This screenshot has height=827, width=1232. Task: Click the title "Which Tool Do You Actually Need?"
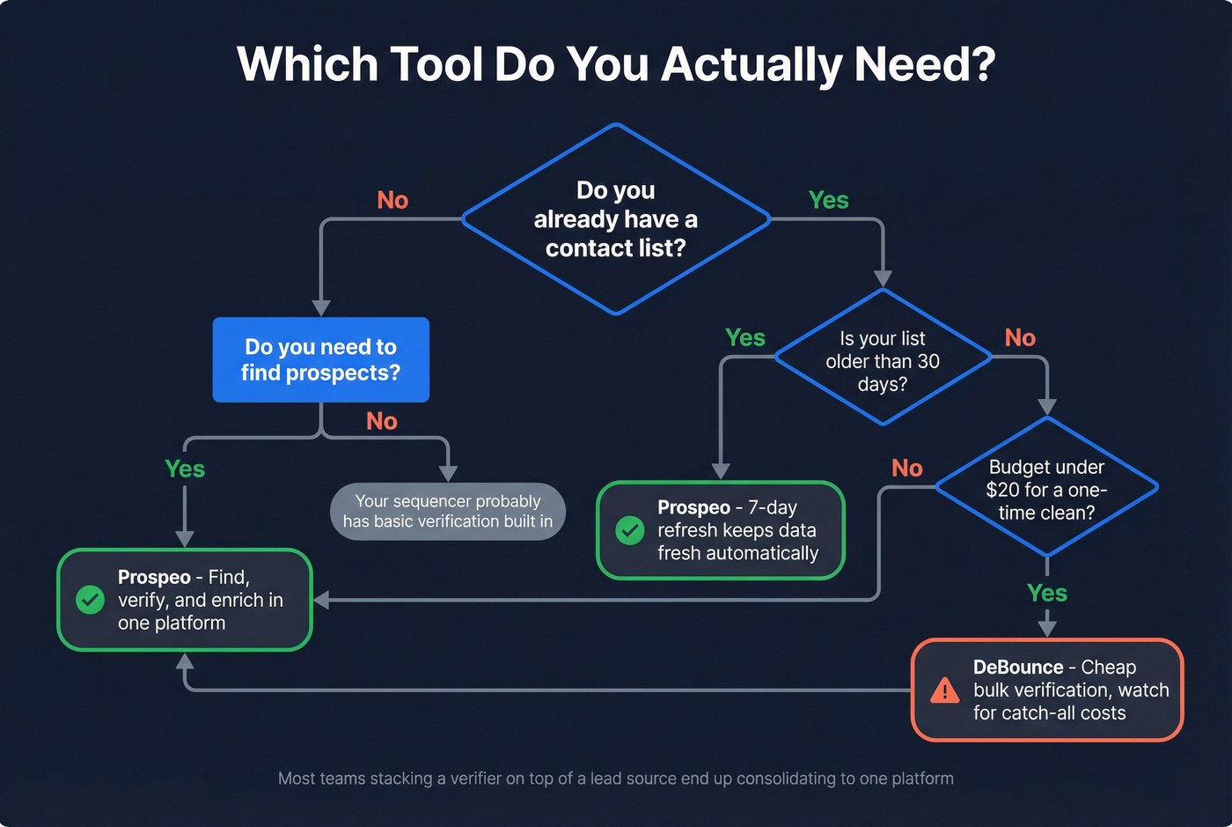tap(616, 65)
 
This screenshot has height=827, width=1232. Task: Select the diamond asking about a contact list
tap(616, 219)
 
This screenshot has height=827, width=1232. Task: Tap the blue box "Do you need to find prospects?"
tap(321, 360)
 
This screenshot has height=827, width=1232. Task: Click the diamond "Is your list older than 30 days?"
tap(883, 361)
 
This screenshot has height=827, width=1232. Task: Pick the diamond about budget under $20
tap(1046, 490)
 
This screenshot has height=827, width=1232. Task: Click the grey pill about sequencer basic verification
tap(448, 511)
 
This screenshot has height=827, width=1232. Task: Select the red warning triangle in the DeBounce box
tap(944, 690)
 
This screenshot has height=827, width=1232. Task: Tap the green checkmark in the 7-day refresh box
tap(629, 530)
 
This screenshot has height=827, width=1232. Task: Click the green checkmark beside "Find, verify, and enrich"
tap(90, 600)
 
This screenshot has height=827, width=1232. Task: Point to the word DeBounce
tap(1017, 668)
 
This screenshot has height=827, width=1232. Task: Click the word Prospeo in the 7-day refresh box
tap(693, 508)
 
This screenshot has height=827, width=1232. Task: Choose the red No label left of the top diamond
tap(392, 201)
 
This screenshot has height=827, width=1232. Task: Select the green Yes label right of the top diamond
tap(828, 201)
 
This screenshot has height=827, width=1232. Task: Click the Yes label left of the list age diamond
tap(744, 338)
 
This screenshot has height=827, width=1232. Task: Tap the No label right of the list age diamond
tap(1020, 338)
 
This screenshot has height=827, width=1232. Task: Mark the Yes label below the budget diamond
tap(1046, 594)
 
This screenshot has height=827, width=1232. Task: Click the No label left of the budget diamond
tap(907, 469)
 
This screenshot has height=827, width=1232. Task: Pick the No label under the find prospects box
tap(382, 422)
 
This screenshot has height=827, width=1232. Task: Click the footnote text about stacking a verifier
tap(616, 779)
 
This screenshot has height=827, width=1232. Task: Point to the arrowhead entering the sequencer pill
tap(448, 474)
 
